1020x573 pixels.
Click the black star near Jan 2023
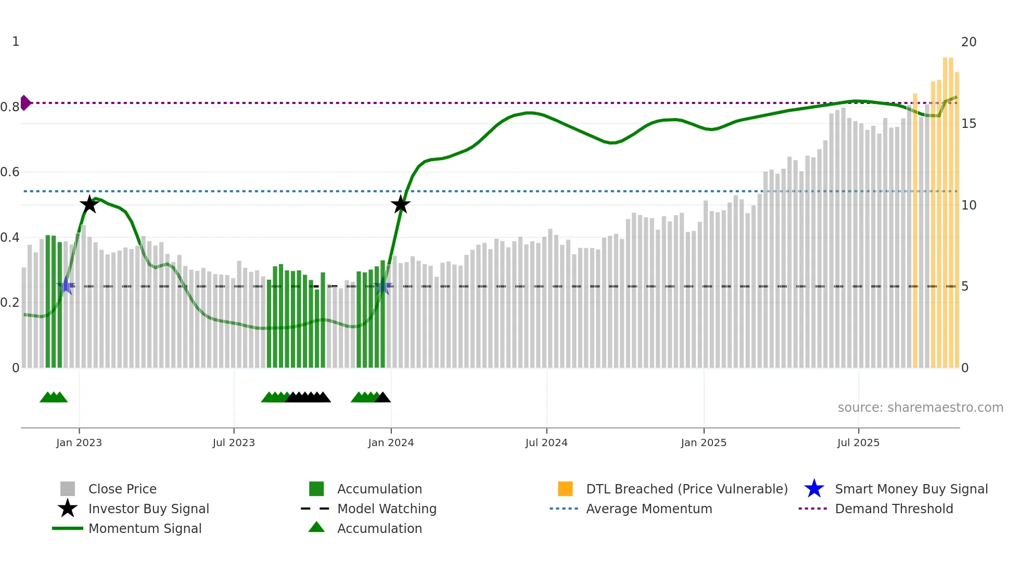tap(90, 204)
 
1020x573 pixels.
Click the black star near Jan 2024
tap(400, 204)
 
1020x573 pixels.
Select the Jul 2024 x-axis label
tap(546, 443)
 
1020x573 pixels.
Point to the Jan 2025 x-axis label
tap(703, 443)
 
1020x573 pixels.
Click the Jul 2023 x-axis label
tap(234, 443)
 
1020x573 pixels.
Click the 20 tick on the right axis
tap(968, 42)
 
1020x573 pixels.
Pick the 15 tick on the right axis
tap(968, 124)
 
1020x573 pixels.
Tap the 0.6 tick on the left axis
tap(10, 172)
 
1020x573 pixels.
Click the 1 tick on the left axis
tap(16, 42)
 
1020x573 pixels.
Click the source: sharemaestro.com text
tap(920, 408)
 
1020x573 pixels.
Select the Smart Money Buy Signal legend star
tap(814, 489)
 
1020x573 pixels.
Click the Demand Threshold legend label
tap(894, 509)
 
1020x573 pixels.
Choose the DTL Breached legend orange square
tap(565, 489)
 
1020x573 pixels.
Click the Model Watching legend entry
tap(386, 509)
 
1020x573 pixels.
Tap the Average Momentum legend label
tap(648, 509)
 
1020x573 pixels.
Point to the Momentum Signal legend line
tap(68, 528)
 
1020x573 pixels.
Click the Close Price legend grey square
tap(68, 489)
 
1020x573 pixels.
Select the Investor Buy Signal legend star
tap(68, 509)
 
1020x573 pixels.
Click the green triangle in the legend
tap(316, 527)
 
